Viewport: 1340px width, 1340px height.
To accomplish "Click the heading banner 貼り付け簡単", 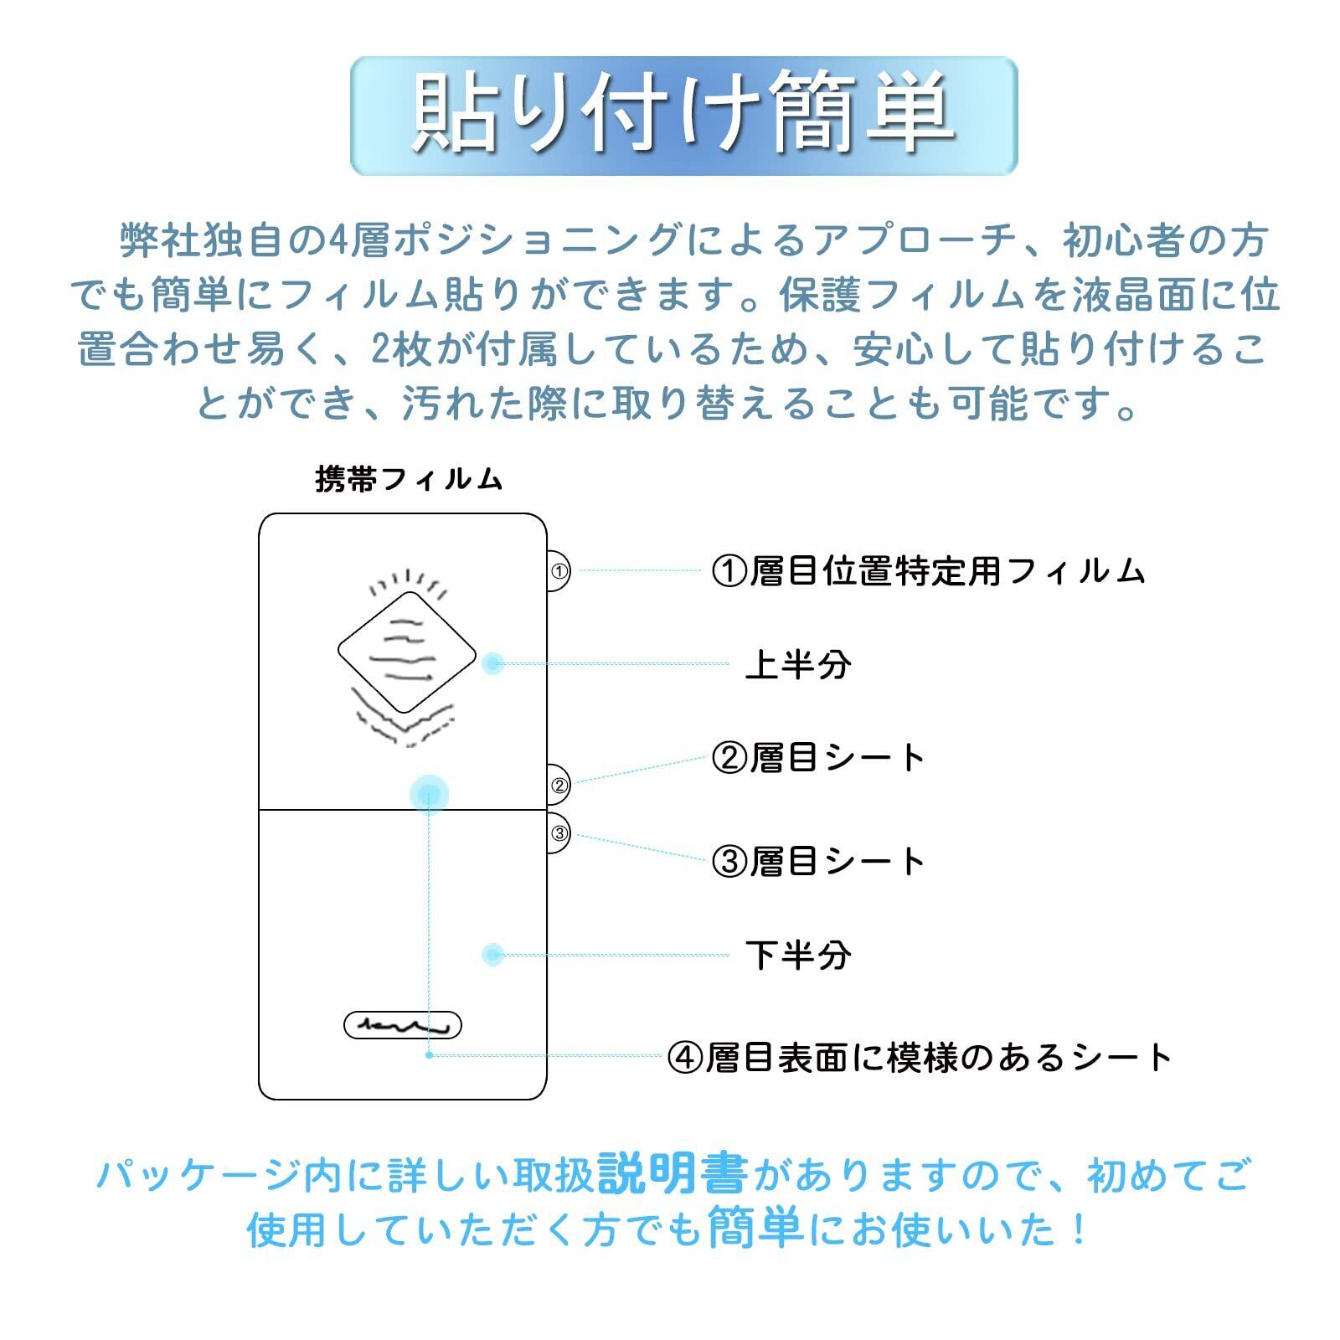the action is point(683,116).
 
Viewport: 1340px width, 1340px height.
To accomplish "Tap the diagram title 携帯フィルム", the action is point(409,479).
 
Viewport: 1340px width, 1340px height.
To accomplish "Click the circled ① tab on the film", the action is point(559,571).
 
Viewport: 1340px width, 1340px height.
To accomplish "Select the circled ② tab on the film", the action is point(559,786).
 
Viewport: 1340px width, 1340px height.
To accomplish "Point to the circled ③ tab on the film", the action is point(559,833).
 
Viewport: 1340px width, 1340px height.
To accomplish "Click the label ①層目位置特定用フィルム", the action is point(928,571).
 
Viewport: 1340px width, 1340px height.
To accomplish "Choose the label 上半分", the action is point(798,665).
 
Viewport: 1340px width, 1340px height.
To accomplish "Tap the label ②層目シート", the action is point(817,758).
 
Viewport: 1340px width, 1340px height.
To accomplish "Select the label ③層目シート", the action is point(817,861).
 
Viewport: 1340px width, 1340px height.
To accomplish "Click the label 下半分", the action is point(798,955).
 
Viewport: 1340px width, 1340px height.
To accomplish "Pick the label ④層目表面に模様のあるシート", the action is point(920,1057).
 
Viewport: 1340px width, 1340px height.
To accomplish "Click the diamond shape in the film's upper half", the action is point(407,652).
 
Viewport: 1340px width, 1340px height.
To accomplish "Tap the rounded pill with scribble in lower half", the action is point(403,1025).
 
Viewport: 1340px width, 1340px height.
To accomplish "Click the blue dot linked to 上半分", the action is point(493,663).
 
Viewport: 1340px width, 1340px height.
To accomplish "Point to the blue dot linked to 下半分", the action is point(493,954).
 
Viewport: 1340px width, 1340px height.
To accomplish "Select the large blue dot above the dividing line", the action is point(429,793).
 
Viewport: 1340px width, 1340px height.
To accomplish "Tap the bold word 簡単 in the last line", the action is point(755,1229).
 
